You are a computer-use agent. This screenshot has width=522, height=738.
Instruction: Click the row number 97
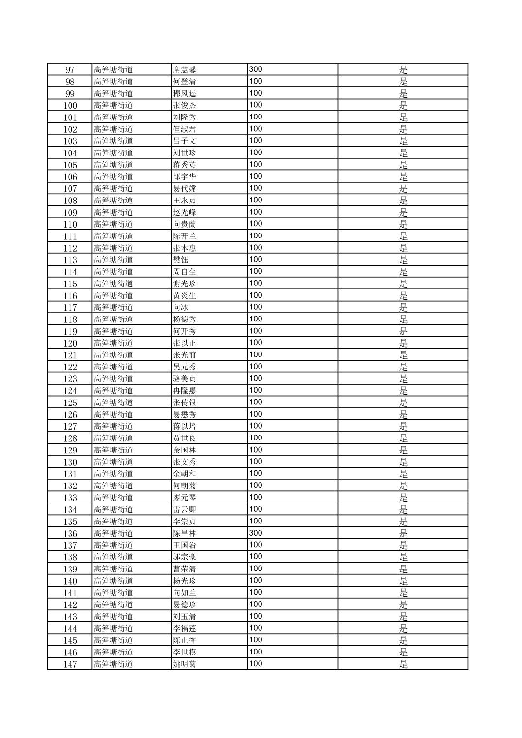[70, 69]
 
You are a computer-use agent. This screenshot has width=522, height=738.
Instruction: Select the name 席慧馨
[184, 69]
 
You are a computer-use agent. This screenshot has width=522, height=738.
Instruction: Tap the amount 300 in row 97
[256, 69]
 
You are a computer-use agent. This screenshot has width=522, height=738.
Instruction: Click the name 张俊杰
[184, 105]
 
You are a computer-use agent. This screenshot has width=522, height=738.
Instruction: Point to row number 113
[70, 260]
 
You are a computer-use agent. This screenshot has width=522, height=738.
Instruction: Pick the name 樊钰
[180, 260]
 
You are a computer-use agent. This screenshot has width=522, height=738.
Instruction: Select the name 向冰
[180, 307]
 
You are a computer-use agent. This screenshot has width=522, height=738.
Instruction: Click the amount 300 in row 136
[256, 533]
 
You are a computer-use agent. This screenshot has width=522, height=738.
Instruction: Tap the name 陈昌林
[184, 533]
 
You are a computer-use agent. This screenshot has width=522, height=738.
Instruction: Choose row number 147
[70, 664]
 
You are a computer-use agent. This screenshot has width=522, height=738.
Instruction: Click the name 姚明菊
[184, 664]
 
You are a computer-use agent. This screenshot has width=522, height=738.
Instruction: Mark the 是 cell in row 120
[403, 343]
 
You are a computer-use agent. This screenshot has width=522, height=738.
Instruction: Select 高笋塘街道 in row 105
[113, 165]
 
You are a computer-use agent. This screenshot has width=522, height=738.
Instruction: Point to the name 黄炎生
[184, 296]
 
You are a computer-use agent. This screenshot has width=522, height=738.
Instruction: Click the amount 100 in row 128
[256, 438]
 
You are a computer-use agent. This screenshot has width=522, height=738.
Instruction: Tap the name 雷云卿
[184, 509]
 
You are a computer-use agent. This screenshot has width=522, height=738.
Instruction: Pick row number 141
[70, 593]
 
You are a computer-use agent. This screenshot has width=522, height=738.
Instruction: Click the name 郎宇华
[184, 177]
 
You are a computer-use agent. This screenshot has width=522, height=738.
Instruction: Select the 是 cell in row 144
[403, 628]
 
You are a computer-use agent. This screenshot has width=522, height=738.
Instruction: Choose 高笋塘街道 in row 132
[113, 486]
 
